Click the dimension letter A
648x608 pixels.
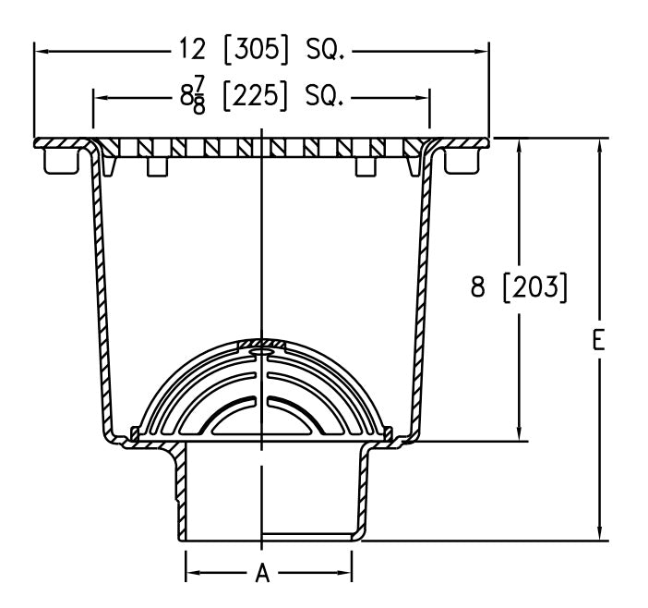[x=262, y=575]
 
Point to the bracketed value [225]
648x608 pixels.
[x=254, y=95]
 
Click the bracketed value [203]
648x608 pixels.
[x=534, y=288]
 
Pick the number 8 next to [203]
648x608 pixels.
[x=477, y=288]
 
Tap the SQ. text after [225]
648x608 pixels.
[x=324, y=95]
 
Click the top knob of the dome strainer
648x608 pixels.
[x=262, y=349]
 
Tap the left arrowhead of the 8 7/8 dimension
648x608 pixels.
[x=101, y=95]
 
